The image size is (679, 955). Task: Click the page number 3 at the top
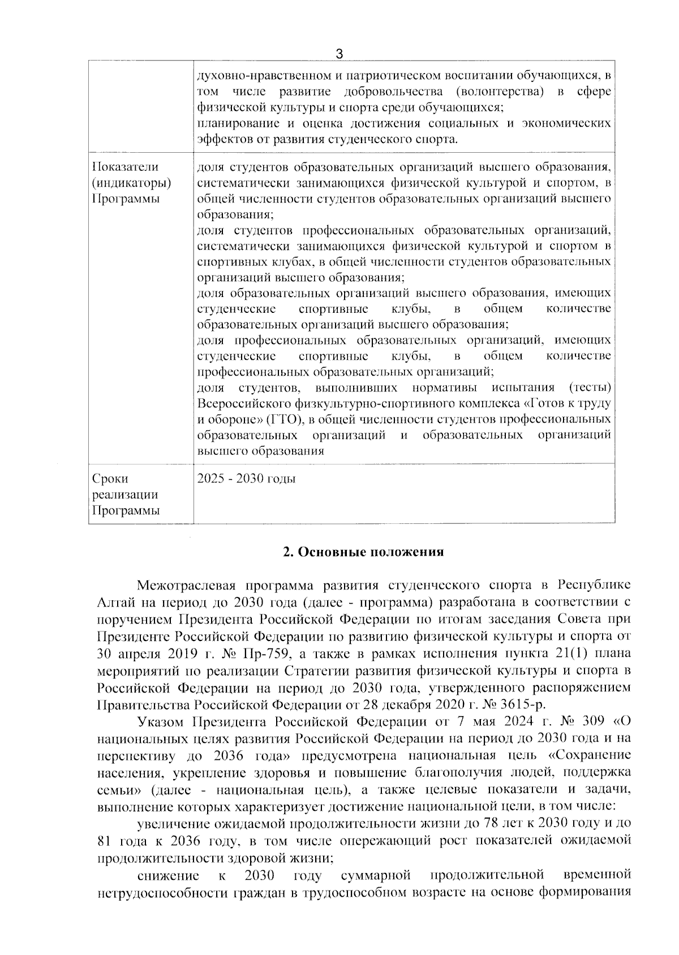tap(339, 54)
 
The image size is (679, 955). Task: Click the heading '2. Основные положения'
tap(363, 552)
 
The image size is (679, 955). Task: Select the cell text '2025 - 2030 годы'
tap(246, 479)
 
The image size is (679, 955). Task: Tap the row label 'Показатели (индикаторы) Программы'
tap(131, 183)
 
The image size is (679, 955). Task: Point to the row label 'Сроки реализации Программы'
tap(125, 495)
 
